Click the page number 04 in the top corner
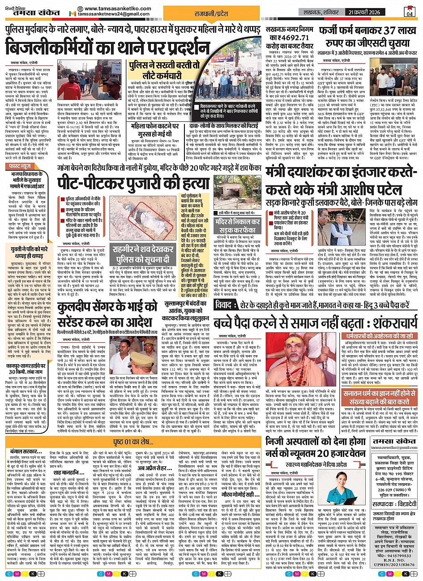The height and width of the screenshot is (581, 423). pyautogui.click(x=411, y=12)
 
